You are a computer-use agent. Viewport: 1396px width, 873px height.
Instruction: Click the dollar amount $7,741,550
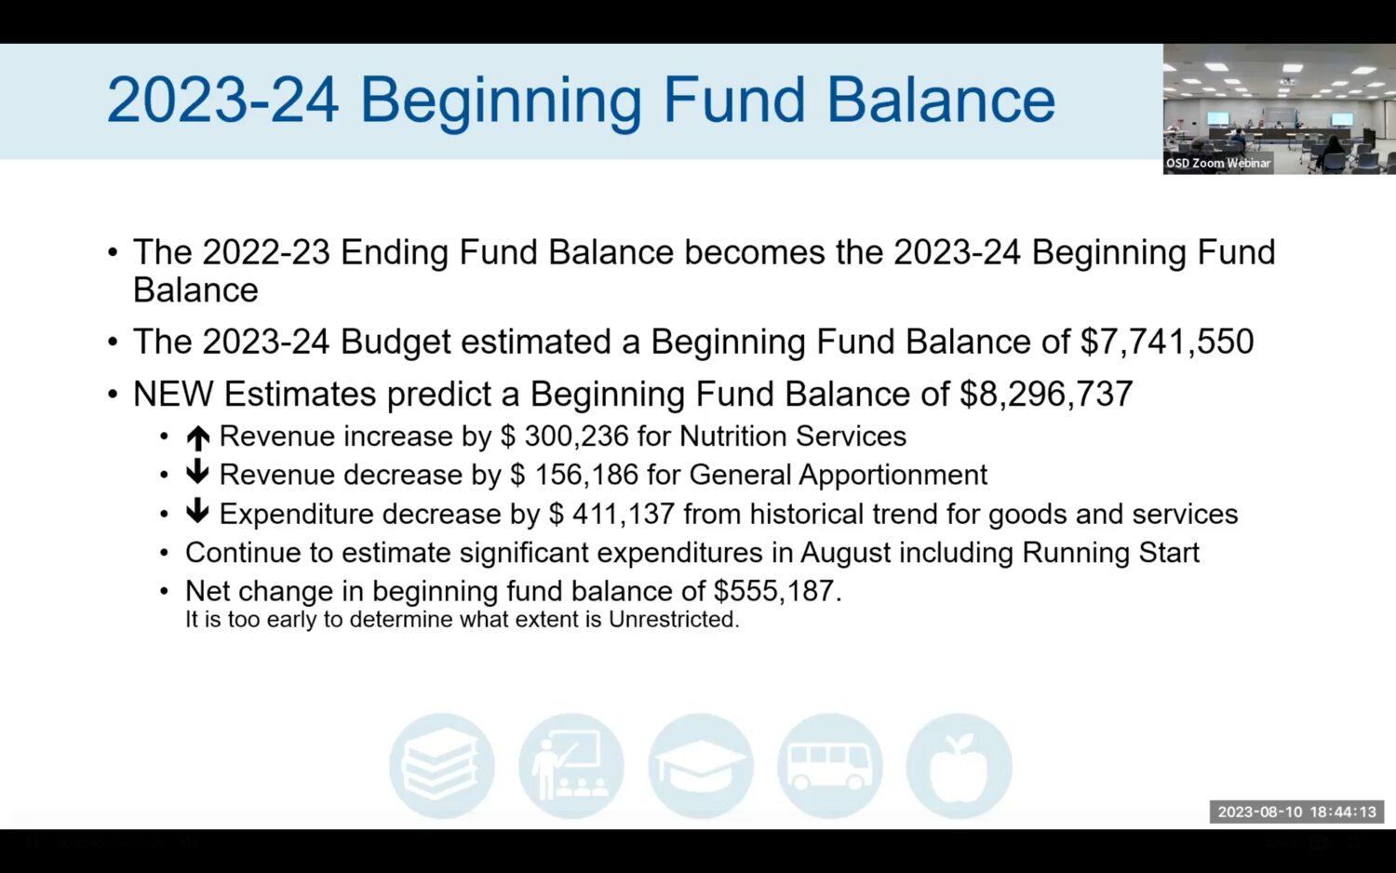1167,342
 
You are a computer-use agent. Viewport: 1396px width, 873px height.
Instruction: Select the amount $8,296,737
1046,395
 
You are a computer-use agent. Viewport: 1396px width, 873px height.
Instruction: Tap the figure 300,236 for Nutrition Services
576,436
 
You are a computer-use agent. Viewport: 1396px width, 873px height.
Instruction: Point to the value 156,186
586,475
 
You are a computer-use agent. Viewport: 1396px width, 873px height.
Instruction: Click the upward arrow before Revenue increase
198,437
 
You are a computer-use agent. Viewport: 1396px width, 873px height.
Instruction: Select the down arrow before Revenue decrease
197,472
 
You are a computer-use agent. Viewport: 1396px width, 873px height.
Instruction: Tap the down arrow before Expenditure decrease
197,510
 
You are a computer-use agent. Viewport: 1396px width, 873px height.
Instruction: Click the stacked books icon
442,765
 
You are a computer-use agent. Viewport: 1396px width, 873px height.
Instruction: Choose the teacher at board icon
570,765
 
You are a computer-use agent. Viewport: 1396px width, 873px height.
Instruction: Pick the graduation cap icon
701,765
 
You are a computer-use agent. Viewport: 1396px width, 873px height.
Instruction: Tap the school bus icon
829,765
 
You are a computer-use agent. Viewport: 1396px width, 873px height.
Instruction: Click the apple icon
960,765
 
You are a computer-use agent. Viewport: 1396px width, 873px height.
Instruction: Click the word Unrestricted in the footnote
674,620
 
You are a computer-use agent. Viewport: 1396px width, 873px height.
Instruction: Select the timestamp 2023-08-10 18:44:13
1297,812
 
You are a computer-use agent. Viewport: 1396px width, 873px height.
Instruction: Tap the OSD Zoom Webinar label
1217,163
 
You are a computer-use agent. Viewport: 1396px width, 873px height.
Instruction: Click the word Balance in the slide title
940,101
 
